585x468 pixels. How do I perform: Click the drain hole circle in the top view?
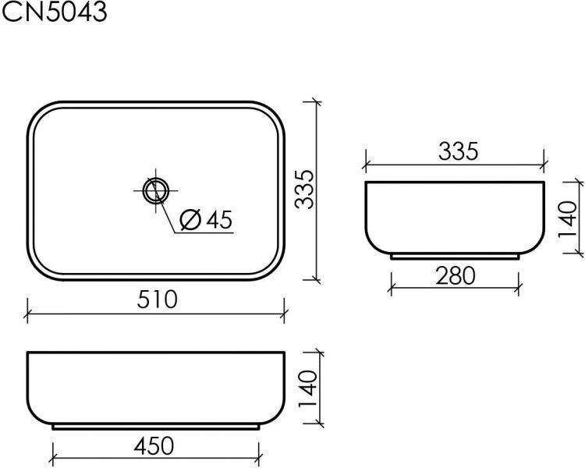pyautogui.click(x=156, y=190)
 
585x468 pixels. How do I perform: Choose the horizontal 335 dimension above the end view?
pyautogui.click(x=457, y=151)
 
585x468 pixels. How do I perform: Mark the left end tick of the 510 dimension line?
pyautogui.click(x=28, y=315)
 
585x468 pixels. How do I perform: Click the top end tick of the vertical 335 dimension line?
pyautogui.click(x=316, y=101)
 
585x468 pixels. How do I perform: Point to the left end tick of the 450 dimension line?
pyautogui.click(x=52, y=462)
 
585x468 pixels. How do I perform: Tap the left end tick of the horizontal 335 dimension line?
pyautogui.click(x=366, y=165)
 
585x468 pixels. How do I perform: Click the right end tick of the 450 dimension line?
pyautogui.click(x=261, y=462)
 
